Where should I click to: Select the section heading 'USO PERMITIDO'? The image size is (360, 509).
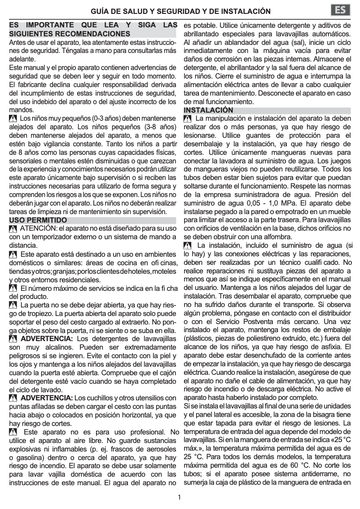pyautogui.click(x=38, y=220)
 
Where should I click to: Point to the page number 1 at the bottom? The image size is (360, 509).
pyautogui.click(x=180, y=497)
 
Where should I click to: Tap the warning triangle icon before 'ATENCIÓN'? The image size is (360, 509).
pyautogui.click(x=13, y=229)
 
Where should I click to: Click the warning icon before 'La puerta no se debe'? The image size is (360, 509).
pyautogui.click(x=13, y=305)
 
